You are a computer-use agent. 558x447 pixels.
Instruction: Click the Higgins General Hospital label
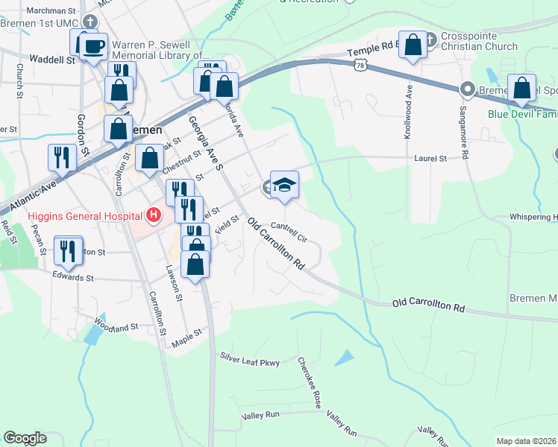click(x=85, y=217)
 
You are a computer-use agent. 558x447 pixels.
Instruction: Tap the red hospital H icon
click(x=154, y=216)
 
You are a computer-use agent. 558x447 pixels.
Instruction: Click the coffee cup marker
click(x=93, y=48)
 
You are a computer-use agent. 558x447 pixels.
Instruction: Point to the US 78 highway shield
click(x=360, y=66)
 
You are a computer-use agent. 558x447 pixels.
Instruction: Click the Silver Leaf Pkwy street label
click(x=249, y=362)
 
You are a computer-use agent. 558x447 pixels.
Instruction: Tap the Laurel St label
click(x=430, y=159)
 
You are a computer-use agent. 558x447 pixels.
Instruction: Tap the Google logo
click(x=25, y=438)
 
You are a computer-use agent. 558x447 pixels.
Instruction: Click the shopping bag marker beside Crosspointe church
click(x=412, y=47)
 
